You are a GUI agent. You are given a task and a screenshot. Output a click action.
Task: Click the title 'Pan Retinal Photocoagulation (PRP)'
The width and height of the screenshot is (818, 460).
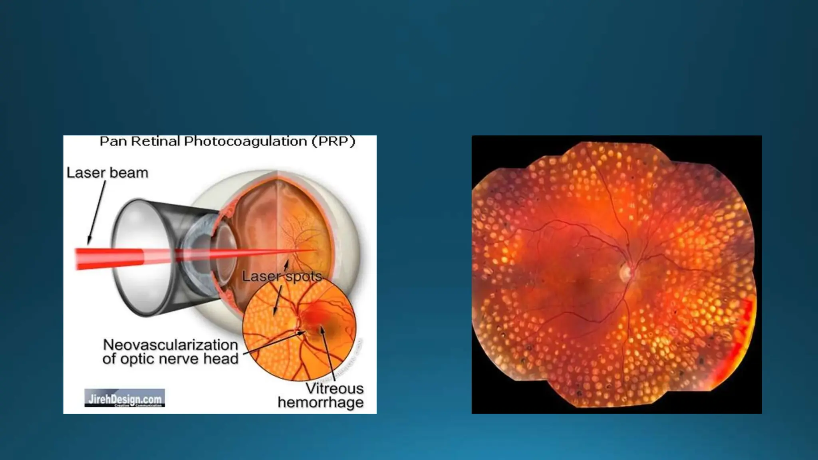227,141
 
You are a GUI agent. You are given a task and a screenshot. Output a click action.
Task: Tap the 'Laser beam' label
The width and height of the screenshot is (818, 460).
107,173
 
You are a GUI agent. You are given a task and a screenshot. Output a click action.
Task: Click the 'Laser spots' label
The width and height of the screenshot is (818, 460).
282,276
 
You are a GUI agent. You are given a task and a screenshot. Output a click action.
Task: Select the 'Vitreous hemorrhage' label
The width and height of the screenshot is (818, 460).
321,395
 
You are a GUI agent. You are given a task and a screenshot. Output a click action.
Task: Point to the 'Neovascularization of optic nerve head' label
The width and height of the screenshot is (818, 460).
171,351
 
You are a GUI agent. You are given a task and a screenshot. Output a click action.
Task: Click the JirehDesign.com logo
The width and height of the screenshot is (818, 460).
125,398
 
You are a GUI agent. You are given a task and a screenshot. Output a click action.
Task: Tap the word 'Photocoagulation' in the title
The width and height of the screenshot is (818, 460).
245,141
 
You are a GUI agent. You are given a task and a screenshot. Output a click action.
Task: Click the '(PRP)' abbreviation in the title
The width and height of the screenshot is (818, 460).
334,141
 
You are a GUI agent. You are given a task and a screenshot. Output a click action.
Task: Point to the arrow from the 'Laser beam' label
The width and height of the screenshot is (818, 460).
97,212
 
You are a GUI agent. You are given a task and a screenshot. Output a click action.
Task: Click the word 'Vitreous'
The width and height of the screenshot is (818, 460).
334,389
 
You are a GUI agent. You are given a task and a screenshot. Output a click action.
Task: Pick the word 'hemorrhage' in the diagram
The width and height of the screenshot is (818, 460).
321,402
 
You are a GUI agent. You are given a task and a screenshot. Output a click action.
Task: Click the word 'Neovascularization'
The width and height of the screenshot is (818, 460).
171,345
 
